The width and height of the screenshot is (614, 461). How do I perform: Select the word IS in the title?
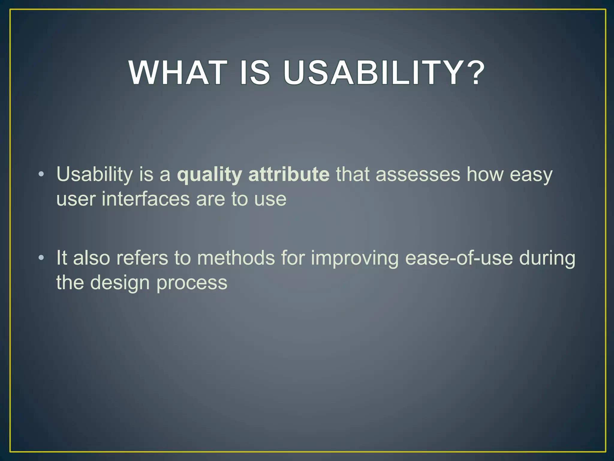(x=255, y=73)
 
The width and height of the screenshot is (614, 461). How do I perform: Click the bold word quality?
(x=209, y=175)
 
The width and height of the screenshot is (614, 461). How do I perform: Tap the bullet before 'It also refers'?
(x=41, y=258)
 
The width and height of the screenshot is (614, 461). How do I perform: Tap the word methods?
(x=236, y=258)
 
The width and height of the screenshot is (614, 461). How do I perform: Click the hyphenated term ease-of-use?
(x=459, y=258)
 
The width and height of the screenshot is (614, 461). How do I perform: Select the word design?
(x=120, y=283)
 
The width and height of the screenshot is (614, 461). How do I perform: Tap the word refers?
(x=142, y=258)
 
